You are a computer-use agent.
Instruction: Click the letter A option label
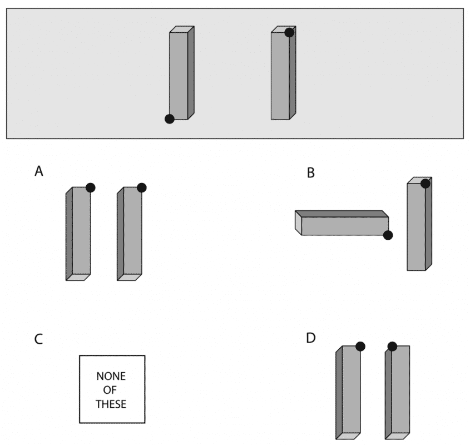point(39,171)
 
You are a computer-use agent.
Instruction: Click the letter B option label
point(311,173)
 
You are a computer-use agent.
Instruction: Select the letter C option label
point(38,339)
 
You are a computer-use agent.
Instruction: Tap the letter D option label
point(311,338)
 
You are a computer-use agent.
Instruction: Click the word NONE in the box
point(111,376)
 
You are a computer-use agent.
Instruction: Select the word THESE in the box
point(111,404)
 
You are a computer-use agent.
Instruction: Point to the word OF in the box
point(110,390)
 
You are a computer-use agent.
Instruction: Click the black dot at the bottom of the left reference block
point(169,119)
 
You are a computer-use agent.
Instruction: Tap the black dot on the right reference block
point(289,32)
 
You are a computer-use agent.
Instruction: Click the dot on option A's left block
point(91,187)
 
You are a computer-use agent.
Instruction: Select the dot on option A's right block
point(142,187)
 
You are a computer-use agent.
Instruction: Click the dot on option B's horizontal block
point(388,235)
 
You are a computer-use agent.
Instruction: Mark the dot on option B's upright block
point(426,184)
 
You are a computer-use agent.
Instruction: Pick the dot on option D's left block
point(360,347)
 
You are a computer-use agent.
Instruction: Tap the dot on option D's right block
point(392,347)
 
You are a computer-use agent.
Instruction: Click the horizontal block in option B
point(342,223)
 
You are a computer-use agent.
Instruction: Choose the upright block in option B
point(419,224)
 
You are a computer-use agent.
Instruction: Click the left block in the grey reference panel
point(182,73)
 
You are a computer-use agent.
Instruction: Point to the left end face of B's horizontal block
point(298,223)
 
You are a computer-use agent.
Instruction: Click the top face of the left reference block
point(182,29)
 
